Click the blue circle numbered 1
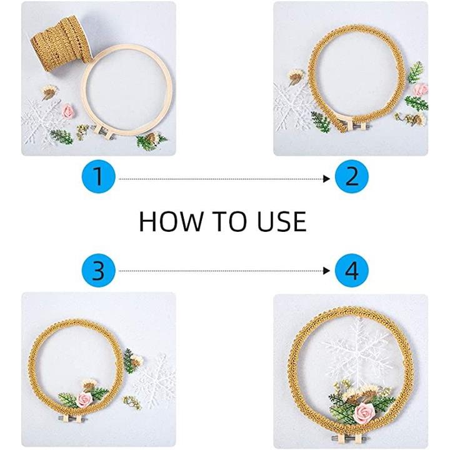pos(99,176)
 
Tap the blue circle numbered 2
pos(351,176)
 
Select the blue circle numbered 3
pos(99,271)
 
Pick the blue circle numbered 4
pos(351,271)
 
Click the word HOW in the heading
pos(171,221)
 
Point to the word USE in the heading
pos(282,221)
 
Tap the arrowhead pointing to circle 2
pos(326,179)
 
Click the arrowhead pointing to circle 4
pos(326,271)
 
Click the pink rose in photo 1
pos(68,111)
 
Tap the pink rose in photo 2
pos(421,89)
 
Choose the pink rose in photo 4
pos(364,412)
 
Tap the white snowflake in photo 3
pos(155,378)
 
